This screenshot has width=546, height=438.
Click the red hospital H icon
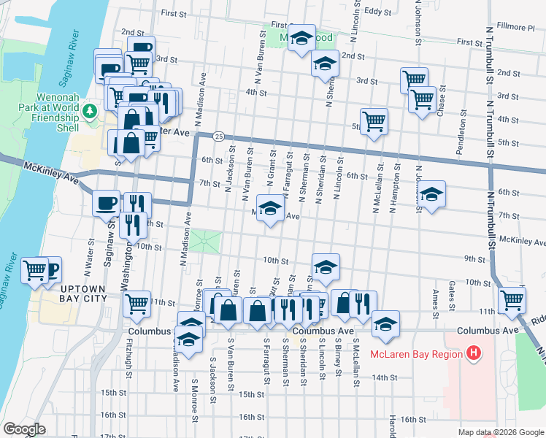point(474,354)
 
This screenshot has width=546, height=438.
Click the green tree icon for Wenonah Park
point(90,111)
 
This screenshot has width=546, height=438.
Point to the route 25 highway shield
point(218,137)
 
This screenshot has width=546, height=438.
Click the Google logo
point(24,429)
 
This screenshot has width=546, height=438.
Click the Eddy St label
point(378,12)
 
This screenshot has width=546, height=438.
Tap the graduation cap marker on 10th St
point(326,266)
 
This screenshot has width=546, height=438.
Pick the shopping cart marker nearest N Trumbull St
point(512,299)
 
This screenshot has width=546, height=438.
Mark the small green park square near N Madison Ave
point(205,242)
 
